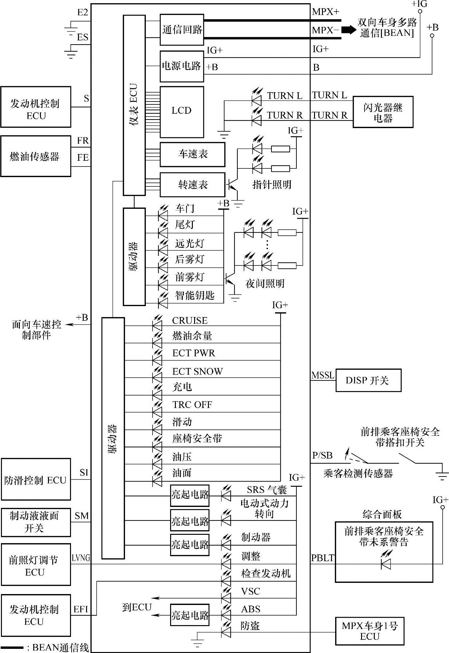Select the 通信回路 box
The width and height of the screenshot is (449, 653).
point(182,30)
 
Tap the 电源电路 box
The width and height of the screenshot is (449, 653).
point(182,66)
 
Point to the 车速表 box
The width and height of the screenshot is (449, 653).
point(192,154)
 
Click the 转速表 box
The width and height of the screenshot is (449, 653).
point(192,185)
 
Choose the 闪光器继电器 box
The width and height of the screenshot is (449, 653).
point(383,112)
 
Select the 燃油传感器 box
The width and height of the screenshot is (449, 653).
point(35,156)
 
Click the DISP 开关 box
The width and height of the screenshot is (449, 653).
point(368,380)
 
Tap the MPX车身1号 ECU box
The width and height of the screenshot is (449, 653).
point(369,631)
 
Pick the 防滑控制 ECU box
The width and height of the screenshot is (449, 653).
point(36,479)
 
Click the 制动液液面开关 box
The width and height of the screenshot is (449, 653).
point(36,522)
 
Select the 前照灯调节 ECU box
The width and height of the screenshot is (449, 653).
point(36,566)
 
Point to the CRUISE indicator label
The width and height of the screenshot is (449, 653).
point(190,321)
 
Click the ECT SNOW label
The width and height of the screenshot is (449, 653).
point(197,371)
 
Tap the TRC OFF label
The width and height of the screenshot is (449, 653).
point(192,405)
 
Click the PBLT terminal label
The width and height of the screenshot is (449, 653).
point(322,558)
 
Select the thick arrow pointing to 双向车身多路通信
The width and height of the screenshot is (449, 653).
point(349,30)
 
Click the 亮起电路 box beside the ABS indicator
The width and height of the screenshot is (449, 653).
point(190,615)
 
